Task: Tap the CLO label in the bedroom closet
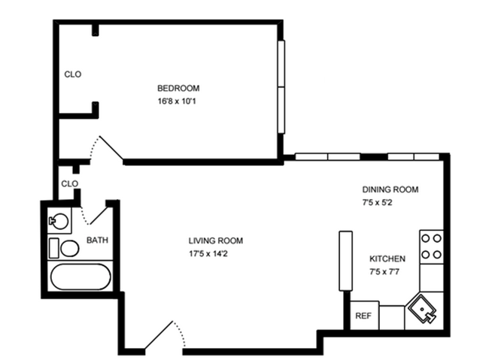(x=72, y=74)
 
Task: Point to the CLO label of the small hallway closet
(x=69, y=183)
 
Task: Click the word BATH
(x=96, y=241)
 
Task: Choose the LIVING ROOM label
(x=216, y=241)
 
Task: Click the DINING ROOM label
(x=390, y=189)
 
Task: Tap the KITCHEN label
(x=387, y=258)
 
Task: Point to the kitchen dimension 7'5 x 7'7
(x=384, y=271)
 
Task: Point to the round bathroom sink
(x=58, y=221)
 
